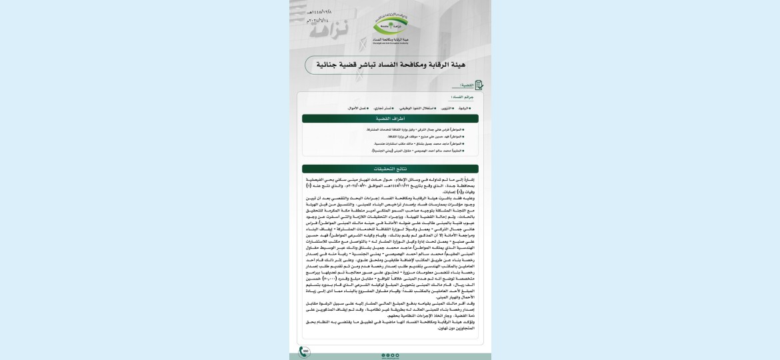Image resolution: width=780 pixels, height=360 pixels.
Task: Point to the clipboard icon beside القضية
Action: [x=478, y=85]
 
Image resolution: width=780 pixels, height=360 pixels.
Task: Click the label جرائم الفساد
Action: [x=461, y=97]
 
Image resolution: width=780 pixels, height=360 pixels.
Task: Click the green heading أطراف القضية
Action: [x=390, y=119]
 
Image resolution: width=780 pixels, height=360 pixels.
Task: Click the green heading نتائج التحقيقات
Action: [x=390, y=169]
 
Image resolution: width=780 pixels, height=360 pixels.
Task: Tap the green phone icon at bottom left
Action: [x=304, y=351]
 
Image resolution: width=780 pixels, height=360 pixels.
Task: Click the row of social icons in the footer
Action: [x=390, y=355]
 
